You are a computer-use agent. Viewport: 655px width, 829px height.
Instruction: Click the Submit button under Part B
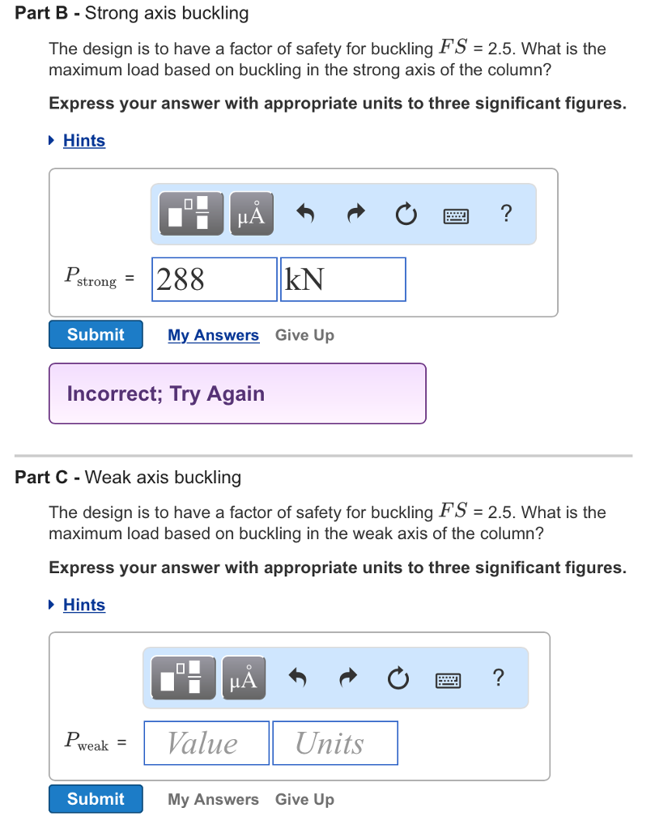click(x=96, y=334)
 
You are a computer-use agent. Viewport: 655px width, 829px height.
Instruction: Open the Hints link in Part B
click(x=83, y=141)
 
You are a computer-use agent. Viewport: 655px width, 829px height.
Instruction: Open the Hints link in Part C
click(x=83, y=605)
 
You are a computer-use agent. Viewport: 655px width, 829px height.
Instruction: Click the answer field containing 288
click(x=214, y=279)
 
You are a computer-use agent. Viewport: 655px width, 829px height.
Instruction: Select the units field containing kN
click(x=342, y=279)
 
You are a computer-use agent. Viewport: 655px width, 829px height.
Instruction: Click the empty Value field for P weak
click(x=206, y=743)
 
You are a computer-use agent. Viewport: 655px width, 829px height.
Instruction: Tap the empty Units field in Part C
click(x=334, y=743)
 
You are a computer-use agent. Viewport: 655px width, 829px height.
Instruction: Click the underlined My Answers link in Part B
click(x=213, y=335)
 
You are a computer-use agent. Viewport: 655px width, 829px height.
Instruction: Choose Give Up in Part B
click(x=304, y=335)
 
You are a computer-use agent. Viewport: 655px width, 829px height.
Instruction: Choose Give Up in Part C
click(x=304, y=799)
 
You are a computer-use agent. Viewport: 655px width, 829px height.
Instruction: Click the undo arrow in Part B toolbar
click(x=305, y=214)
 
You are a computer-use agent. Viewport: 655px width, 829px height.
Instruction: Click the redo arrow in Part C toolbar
click(x=349, y=678)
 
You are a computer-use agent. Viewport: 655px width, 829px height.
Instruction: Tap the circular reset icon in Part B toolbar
click(x=406, y=214)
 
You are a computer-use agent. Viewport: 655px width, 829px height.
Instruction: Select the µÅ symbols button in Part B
click(x=251, y=214)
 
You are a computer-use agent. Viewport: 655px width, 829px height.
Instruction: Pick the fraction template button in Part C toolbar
click(x=183, y=678)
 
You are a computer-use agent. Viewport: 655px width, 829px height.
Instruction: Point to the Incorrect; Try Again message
click(x=166, y=393)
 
